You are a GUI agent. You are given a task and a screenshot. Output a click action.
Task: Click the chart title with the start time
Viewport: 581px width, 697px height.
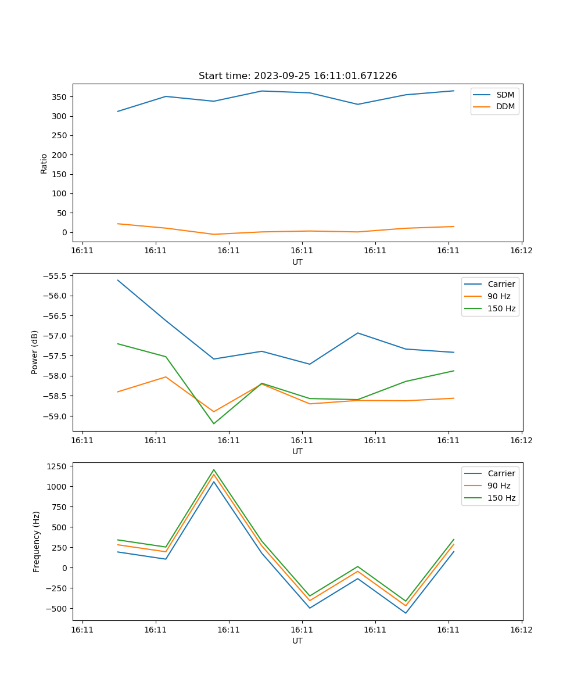click(x=297, y=76)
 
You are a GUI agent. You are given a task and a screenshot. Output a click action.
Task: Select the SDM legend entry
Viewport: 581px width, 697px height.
click(x=505, y=95)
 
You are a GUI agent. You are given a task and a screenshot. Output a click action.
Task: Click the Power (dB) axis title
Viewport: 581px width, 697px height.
click(x=35, y=352)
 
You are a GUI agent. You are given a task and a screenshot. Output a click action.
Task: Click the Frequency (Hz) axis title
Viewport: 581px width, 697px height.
click(x=37, y=541)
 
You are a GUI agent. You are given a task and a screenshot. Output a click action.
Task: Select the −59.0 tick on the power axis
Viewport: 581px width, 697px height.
click(x=55, y=416)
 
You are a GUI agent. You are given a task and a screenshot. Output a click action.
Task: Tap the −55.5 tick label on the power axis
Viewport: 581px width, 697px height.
click(x=55, y=276)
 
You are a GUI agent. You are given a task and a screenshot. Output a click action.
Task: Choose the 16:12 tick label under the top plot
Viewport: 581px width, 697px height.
click(x=521, y=251)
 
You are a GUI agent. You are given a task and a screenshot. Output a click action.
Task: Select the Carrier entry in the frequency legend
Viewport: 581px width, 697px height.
click(x=501, y=473)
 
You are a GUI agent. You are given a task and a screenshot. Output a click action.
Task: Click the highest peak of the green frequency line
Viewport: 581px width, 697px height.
click(x=214, y=469)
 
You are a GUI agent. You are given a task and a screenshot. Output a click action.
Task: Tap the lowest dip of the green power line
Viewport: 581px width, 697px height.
click(x=214, y=423)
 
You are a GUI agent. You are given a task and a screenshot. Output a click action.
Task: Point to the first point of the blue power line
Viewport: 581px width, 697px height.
click(x=118, y=280)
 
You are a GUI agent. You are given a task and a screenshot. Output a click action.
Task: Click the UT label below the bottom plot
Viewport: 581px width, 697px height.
click(x=297, y=641)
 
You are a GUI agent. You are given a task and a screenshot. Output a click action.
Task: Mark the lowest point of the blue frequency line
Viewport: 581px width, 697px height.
click(x=406, y=613)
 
